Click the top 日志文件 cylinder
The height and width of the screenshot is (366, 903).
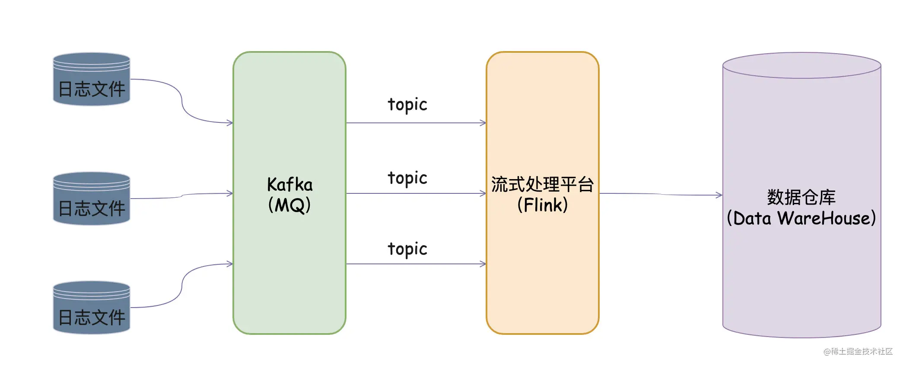click(x=92, y=79)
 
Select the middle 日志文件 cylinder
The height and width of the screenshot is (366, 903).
click(x=92, y=199)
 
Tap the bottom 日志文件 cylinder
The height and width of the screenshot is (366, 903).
click(x=92, y=308)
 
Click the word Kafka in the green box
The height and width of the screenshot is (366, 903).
click(x=289, y=185)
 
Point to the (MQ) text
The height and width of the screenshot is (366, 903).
click(x=289, y=205)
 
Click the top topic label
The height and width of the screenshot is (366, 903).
click(x=407, y=105)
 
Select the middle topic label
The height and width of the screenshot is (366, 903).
click(x=407, y=178)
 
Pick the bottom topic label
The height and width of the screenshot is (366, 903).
click(x=407, y=249)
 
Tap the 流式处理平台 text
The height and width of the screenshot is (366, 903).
click(x=543, y=184)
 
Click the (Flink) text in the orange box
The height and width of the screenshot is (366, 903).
click(x=543, y=205)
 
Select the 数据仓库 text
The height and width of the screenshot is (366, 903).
click(x=801, y=197)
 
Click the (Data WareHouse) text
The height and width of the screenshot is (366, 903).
click(x=801, y=218)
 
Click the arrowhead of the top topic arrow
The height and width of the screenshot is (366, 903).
click(x=483, y=123)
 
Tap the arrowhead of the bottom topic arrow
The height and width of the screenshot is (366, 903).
click(x=483, y=264)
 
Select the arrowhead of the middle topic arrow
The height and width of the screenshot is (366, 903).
click(x=483, y=193)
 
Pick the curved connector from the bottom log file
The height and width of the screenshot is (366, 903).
click(x=182, y=286)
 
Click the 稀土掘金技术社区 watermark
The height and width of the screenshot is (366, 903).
click(x=858, y=351)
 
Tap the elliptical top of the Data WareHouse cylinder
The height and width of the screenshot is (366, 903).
click(x=802, y=65)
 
